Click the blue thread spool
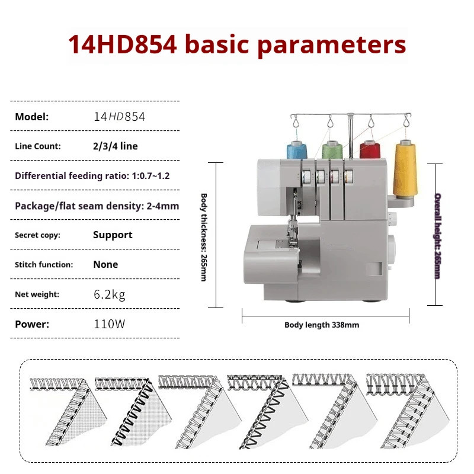point(294,150)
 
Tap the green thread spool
point(331,150)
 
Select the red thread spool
point(370,150)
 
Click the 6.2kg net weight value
point(109,294)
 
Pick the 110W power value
point(110,324)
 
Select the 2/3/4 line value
point(116,146)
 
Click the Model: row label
point(32,117)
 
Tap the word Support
point(113,235)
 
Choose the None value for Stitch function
point(105,264)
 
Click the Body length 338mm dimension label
point(322,325)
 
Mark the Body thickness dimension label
point(203,237)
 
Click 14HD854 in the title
point(122,45)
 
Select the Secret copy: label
point(37,235)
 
